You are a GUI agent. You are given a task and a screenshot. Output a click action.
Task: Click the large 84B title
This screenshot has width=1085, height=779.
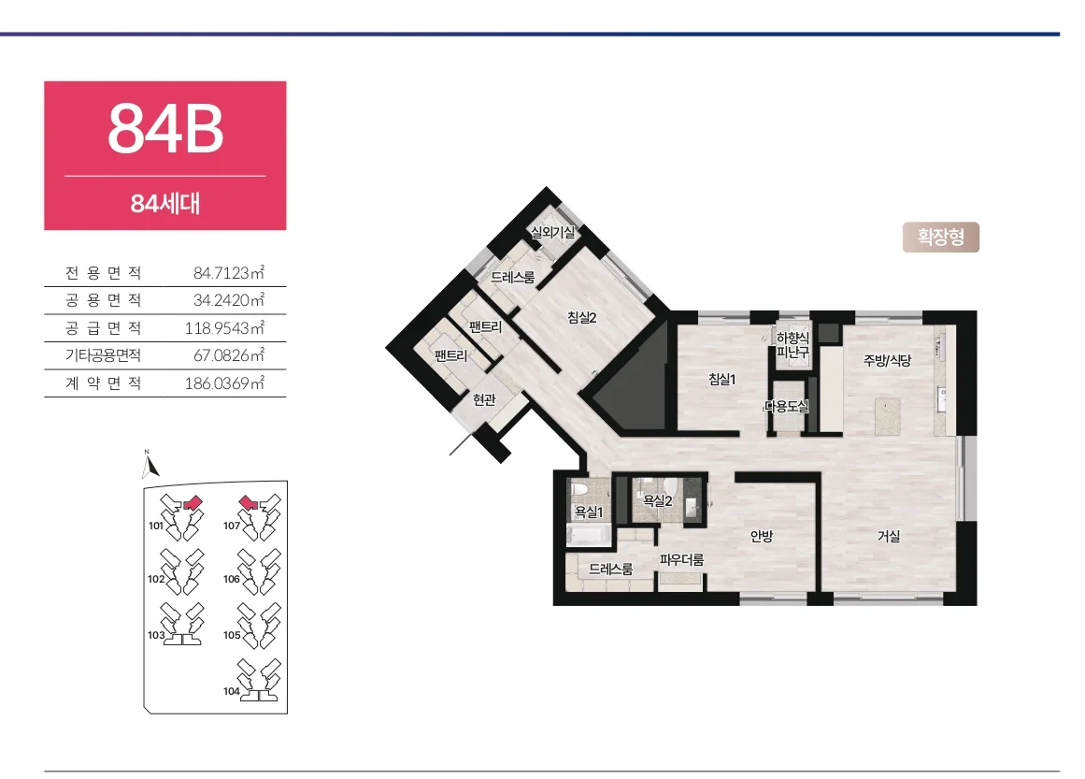pyautogui.click(x=165, y=129)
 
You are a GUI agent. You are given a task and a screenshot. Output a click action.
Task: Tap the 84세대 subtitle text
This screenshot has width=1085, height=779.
pyautogui.click(x=165, y=204)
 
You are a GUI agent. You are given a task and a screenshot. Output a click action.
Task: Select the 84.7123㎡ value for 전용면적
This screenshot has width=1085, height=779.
pyautogui.click(x=228, y=273)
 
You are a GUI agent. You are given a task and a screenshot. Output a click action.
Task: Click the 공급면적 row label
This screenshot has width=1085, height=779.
pyautogui.click(x=103, y=327)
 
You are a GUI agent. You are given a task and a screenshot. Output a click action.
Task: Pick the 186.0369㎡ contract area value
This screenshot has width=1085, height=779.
pyautogui.click(x=224, y=382)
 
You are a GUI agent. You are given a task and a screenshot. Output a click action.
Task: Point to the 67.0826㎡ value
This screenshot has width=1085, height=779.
pyautogui.click(x=228, y=355)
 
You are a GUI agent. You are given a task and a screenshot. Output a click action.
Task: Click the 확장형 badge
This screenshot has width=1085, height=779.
pyautogui.click(x=941, y=237)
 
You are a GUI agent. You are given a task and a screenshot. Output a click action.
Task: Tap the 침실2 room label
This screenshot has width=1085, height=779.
pyautogui.click(x=582, y=317)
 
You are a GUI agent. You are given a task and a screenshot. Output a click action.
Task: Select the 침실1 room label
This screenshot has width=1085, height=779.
pyautogui.click(x=721, y=379)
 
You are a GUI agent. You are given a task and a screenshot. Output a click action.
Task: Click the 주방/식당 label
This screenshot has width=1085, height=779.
pyautogui.click(x=887, y=360)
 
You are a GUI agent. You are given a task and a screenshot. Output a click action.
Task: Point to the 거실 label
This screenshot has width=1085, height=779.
pyautogui.click(x=889, y=536)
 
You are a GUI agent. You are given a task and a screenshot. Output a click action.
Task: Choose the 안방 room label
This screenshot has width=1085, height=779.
pyautogui.click(x=761, y=536)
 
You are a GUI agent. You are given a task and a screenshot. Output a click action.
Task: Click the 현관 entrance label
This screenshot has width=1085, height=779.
pyautogui.click(x=484, y=399)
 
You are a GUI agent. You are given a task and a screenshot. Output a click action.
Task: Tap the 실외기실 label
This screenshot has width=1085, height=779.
pyautogui.click(x=552, y=232)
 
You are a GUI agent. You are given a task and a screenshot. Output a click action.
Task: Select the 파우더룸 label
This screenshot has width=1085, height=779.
pyautogui.click(x=681, y=559)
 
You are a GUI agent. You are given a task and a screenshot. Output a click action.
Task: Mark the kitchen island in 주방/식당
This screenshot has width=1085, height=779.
pyautogui.click(x=887, y=416)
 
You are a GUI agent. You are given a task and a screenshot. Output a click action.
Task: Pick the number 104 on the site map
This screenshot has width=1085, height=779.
pyautogui.click(x=231, y=691)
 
